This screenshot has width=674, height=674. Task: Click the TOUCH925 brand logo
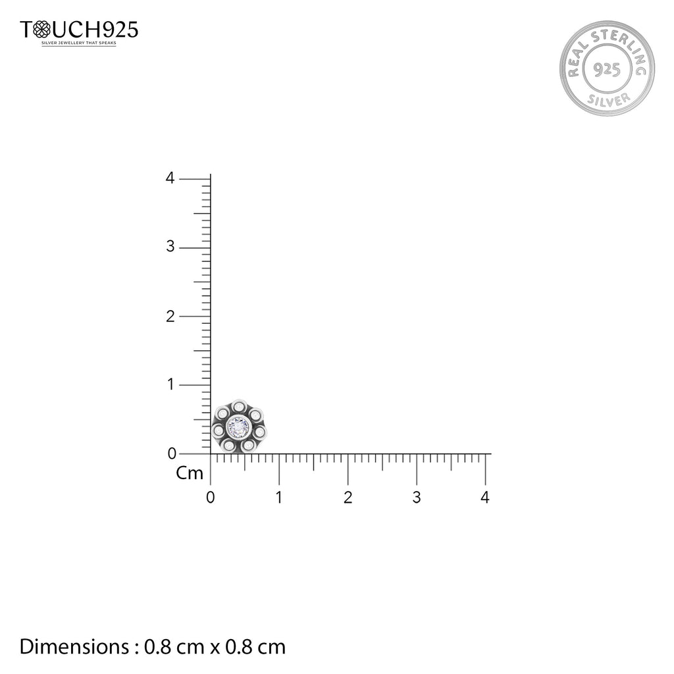(79, 30)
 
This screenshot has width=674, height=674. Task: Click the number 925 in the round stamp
(606, 70)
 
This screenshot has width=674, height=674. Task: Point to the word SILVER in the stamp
(606, 98)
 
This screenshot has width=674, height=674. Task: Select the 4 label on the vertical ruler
(170, 178)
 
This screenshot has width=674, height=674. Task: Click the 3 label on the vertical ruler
(170, 247)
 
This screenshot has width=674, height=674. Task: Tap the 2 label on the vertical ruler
(170, 316)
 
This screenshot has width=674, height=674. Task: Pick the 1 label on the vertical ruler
(170, 384)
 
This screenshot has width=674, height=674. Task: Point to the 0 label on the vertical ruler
(170, 453)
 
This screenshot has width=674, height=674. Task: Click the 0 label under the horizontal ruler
(210, 498)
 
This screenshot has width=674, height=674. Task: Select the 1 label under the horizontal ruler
(279, 498)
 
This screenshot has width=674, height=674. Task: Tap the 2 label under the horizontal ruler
(348, 498)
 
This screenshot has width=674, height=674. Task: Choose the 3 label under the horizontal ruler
(416, 498)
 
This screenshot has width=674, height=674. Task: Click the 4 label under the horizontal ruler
(485, 498)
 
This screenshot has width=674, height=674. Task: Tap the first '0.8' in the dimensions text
(157, 646)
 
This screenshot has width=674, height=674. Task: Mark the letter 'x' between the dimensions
(215, 648)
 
